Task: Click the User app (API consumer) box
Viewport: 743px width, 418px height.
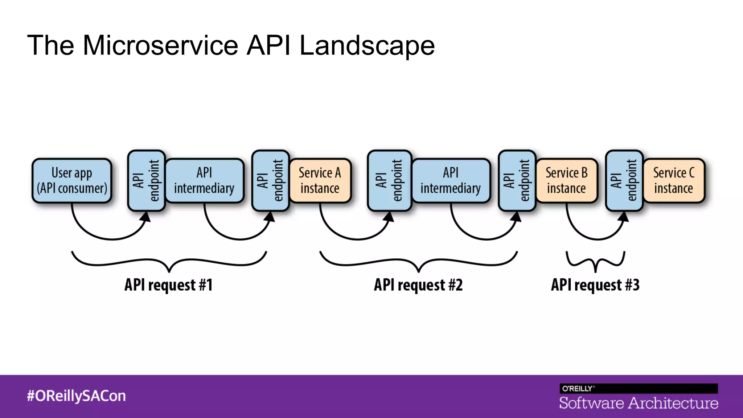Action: [72, 180]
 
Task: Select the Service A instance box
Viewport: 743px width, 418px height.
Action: [320, 180]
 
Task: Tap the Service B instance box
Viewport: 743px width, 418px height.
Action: [566, 180]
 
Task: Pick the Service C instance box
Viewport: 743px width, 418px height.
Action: [674, 180]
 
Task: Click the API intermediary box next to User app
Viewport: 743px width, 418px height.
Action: [204, 180]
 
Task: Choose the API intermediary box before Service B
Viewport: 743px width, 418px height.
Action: [451, 180]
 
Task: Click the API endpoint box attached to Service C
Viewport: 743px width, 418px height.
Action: [624, 180]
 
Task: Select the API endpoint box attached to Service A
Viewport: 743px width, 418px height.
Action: [270, 180]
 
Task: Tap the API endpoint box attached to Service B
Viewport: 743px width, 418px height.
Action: [517, 180]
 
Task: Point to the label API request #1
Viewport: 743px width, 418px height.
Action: [168, 285]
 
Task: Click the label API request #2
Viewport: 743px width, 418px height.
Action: [418, 285]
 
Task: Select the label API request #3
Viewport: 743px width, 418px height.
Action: [595, 285]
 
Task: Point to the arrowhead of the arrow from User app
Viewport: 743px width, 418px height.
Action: [146, 217]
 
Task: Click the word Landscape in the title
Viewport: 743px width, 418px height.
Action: [367, 45]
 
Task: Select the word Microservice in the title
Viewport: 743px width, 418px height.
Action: [160, 45]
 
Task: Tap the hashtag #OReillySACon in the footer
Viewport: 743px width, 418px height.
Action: [76, 396]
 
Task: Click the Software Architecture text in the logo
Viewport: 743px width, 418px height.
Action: [639, 403]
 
